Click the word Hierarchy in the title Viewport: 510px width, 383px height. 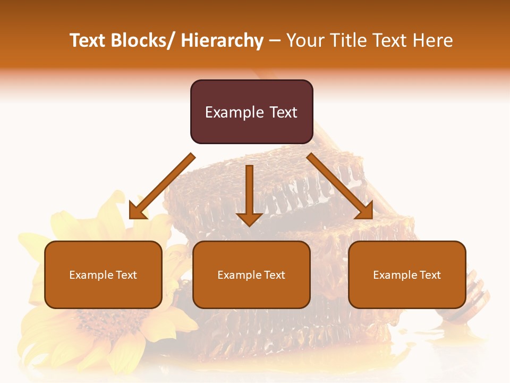[x=222, y=41]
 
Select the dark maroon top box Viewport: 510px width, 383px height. [x=251, y=112]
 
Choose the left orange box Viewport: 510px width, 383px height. [x=103, y=274]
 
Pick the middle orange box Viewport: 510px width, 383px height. [x=251, y=274]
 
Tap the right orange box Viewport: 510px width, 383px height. [x=407, y=274]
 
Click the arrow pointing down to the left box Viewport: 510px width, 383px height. [x=161, y=187]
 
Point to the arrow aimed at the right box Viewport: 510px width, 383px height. [x=340, y=186]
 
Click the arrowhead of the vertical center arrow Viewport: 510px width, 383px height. [x=249, y=219]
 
